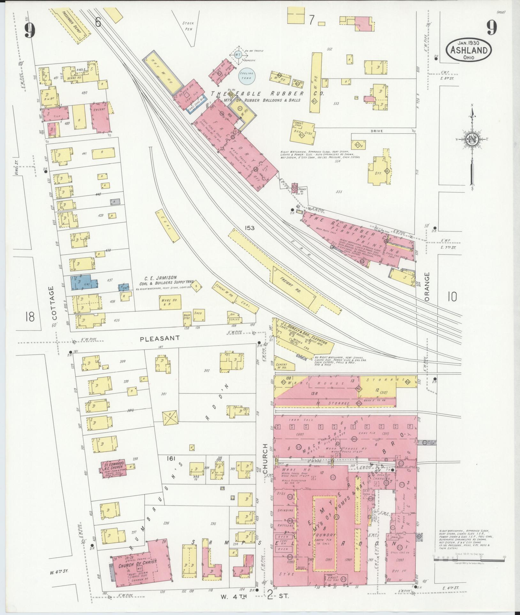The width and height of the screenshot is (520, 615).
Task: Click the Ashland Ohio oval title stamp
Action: pyautogui.click(x=469, y=50)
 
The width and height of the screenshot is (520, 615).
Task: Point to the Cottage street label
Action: pyautogui.click(x=54, y=303)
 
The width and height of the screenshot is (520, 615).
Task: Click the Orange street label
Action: pyautogui.click(x=427, y=286)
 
